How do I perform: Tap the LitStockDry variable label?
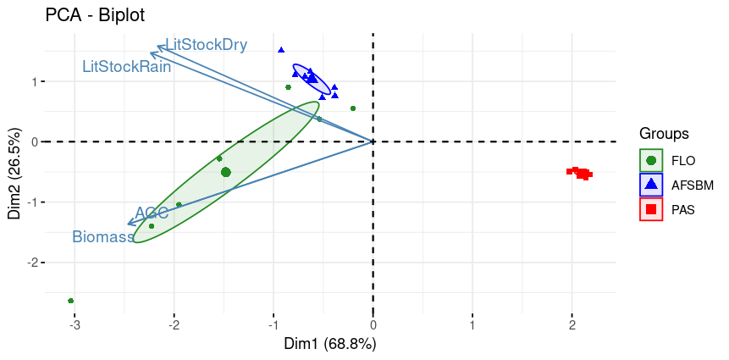coord(207,45)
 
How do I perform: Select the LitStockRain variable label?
coord(127,66)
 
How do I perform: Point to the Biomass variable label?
coord(103,237)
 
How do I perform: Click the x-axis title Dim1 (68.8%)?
coord(330,345)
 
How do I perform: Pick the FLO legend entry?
coord(682,159)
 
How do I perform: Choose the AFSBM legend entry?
coord(688,185)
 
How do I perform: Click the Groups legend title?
coord(664,134)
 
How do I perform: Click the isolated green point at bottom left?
coord(71,301)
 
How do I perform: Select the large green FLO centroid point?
coord(226,172)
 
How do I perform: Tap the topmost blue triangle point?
coord(281,50)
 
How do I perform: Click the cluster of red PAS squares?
coord(580,173)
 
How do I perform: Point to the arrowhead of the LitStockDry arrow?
coord(159,47)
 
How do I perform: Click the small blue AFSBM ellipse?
coord(311,80)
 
